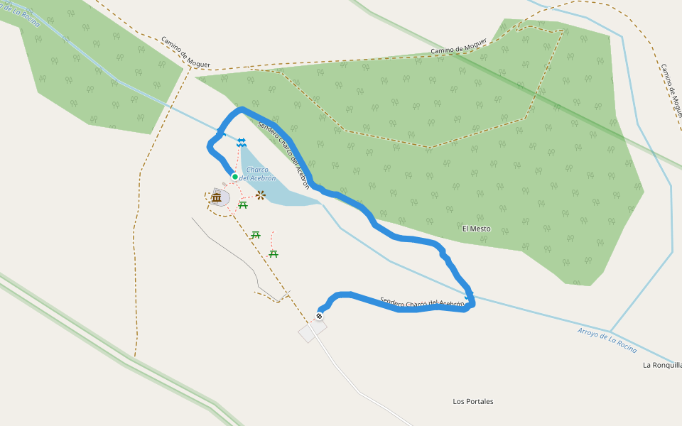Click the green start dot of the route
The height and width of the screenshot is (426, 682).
234,176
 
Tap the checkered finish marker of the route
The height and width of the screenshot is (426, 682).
320,315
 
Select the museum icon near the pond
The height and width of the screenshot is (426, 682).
216,197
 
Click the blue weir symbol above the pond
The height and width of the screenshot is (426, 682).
242,143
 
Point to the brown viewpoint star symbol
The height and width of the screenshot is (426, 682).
261,195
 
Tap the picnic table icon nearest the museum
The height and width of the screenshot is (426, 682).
243,205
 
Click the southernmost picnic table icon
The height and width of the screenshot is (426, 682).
274,253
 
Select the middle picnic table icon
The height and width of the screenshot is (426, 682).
256,234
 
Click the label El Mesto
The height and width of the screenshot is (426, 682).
476,229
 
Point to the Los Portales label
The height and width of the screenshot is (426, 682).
473,401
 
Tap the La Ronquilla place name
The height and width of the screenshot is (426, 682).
662,365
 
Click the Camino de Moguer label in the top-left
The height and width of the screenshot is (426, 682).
185,53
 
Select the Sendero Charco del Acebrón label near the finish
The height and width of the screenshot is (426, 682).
422,303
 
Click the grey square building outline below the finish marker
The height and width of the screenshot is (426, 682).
312,330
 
